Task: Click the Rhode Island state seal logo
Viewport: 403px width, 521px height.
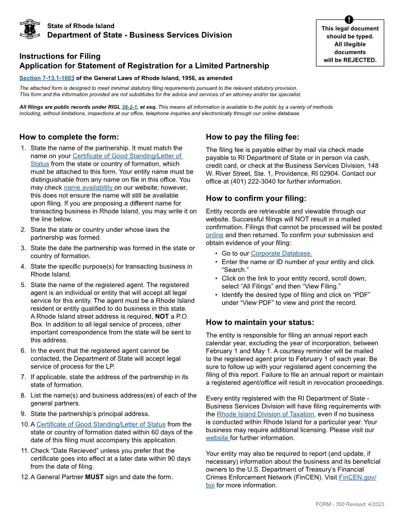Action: click(x=29, y=30)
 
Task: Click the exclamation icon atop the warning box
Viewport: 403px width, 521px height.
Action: click(x=350, y=19)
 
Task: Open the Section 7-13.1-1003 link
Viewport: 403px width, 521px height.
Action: click(x=47, y=78)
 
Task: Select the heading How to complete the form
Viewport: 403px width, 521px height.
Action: click(x=69, y=137)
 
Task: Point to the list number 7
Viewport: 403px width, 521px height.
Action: click(x=23, y=377)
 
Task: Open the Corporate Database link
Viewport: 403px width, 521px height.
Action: click(x=281, y=254)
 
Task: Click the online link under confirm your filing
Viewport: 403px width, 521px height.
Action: click(x=214, y=235)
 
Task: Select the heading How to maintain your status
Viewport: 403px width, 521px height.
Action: click(x=260, y=322)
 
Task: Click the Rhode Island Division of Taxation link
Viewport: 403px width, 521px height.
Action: click(x=265, y=414)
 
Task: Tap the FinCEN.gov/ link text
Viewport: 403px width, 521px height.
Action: click(x=358, y=477)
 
